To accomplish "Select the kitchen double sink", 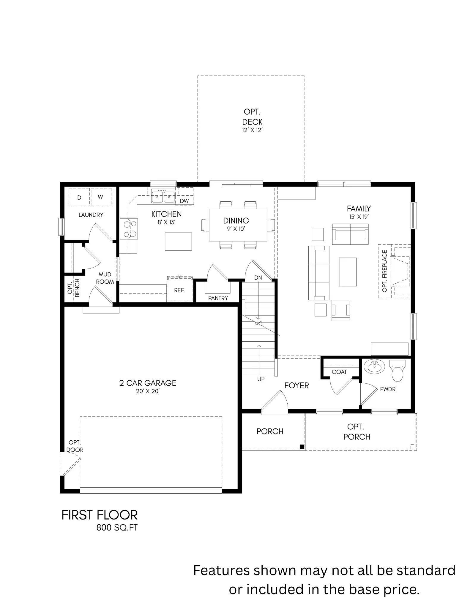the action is [163, 196].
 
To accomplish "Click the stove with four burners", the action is [129, 229].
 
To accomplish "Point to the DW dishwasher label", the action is [184, 201].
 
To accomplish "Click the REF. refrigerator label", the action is [180, 290].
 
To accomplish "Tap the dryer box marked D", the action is [79, 197].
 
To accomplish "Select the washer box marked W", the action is [101, 197].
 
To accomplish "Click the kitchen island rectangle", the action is [178, 241].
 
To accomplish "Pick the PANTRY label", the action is [218, 298].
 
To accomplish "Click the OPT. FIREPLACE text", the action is [385, 271].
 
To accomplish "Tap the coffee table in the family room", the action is [348, 272].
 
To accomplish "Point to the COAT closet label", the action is [339, 372].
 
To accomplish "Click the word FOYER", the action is [296, 385].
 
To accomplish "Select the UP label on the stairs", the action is [261, 379].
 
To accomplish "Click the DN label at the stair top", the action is [258, 278].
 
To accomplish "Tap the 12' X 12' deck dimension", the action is [252, 130].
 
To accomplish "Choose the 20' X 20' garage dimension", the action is [148, 391].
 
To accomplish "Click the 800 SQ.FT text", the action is [117, 528].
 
